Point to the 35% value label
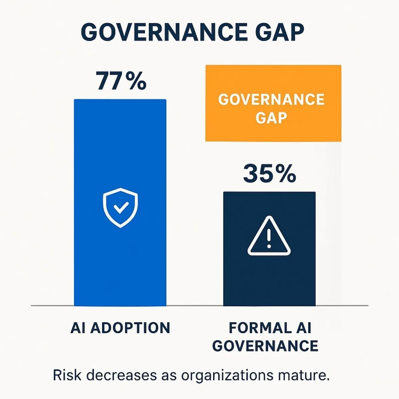[x=269, y=174]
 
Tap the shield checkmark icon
[x=120, y=207]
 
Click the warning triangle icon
[x=269, y=237]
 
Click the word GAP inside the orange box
[x=271, y=118]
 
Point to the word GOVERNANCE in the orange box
[x=271, y=100]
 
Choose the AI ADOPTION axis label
[x=120, y=328]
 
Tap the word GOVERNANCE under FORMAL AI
[x=265, y=346]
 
